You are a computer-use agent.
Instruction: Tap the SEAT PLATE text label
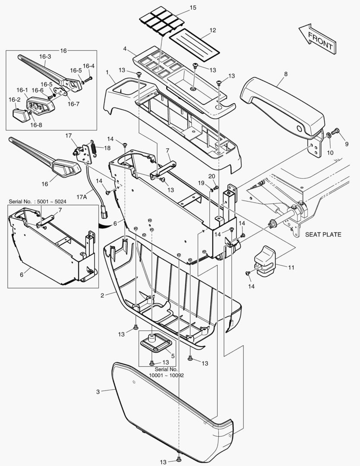(x=323, y=235)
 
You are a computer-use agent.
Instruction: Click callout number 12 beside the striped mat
(x=213, y=30)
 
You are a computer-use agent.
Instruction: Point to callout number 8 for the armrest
(x=285, y=74)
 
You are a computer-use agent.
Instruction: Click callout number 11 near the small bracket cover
(x=291, y=268)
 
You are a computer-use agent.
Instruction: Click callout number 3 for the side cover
(x=98, y=392)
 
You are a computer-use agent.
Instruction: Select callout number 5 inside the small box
(x=172, y=356)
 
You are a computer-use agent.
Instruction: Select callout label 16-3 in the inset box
(x=45, y=57)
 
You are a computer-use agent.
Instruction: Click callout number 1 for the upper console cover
(x=106, y=72)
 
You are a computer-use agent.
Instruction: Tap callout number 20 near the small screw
(x=212, y=176)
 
